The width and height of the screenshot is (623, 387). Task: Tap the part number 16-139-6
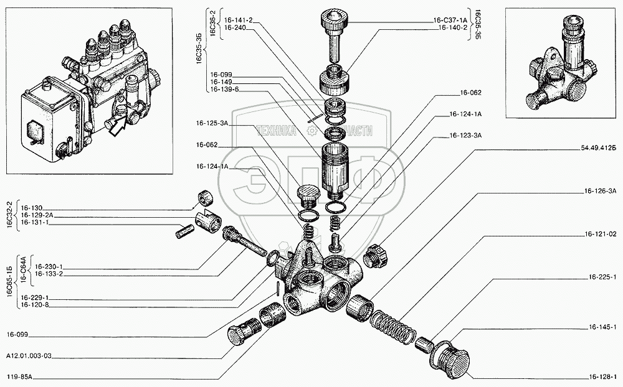point(224,89)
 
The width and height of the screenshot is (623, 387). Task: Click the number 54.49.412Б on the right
point(597,148)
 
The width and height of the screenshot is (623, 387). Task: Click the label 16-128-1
point(602,376)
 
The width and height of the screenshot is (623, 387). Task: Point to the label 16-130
point(32,208)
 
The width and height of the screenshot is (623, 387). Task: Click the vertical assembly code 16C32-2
point(7,213)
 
